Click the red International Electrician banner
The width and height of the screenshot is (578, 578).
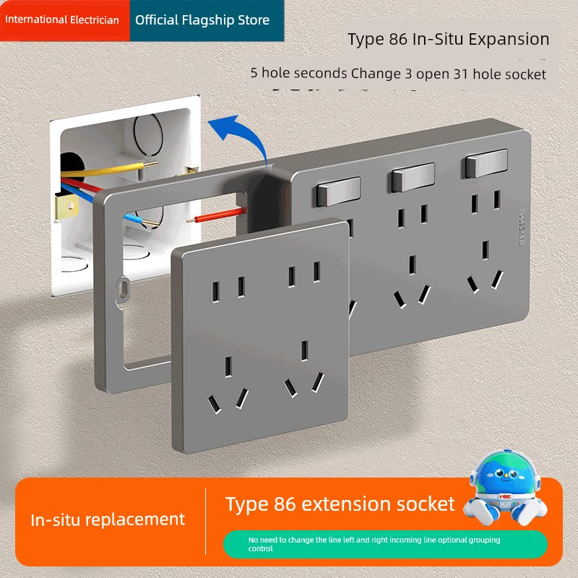tap(65, 20)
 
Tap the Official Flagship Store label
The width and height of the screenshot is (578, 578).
tap(202, 20)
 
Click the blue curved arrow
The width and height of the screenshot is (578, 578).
tap(241, 138)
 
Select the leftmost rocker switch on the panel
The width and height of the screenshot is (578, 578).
tap(338, 191)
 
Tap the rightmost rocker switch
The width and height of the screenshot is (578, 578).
tap(486, 163)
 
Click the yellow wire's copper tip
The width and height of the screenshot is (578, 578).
tap(150, 164)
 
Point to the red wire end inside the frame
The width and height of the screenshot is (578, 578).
tap(217, 215)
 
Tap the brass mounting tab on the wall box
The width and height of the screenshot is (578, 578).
tap(67, 207)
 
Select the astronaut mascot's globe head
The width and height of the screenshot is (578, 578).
tap(504, 471)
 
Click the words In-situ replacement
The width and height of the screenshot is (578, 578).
tap(108, 519)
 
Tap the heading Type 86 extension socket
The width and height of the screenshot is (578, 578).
tap(340, 504)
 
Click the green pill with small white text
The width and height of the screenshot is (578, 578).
tap(385, 544)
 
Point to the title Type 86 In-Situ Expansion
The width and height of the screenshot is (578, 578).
tap(448, 39)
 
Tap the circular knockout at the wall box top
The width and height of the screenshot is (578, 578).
tap(148, 134)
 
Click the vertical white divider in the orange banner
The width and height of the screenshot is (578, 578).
tap(205, 521)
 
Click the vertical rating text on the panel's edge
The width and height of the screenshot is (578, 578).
tap(521, 228)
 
